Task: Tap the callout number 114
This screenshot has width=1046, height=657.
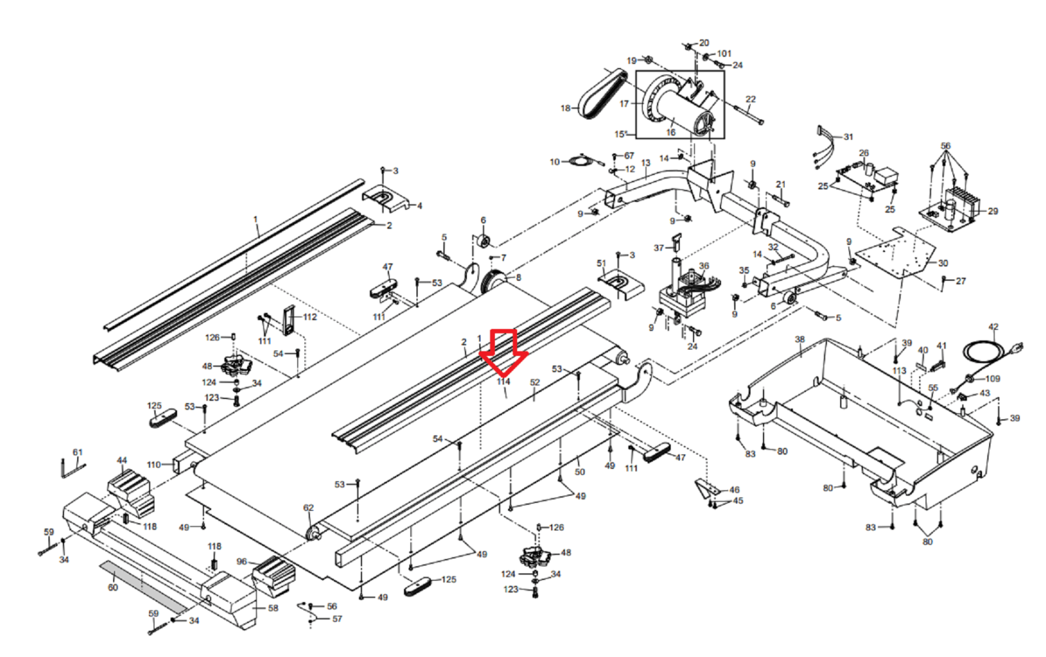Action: pos(503,381)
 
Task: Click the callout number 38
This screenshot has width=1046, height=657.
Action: pos(800,340)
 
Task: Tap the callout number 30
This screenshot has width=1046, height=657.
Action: pos(943,263)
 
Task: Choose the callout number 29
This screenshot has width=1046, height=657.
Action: pos(992,211)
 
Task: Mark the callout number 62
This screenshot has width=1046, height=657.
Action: pos(309,507)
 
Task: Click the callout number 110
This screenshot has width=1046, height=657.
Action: pos(154,465)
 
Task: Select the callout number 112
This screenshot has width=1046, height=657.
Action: pos(310,317)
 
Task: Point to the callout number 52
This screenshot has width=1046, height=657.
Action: pos(535,383)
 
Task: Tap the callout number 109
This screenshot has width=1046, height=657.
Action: pos(992,378)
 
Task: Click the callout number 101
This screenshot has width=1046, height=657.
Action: pos(724,54)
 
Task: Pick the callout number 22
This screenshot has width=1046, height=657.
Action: pos(751,99)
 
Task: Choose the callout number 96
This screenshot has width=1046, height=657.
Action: pos(242,562)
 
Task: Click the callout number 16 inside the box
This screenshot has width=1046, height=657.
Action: pos(671,133)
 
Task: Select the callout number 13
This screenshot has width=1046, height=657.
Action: pos(646,163)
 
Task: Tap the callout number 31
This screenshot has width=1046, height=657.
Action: pos(848,137)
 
